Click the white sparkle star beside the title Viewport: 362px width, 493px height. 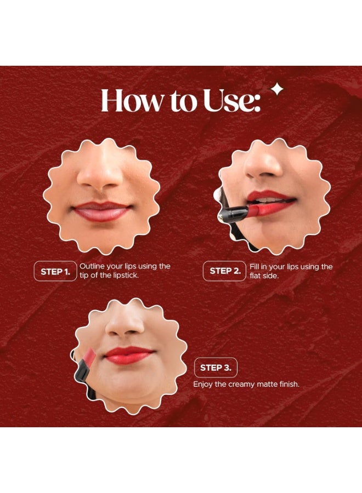pyautogui.click(x=278, y=90)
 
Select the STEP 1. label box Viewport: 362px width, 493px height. pyautogui.click(x=55, y=271)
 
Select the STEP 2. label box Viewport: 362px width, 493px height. pyautogui.click(x=224, y=271)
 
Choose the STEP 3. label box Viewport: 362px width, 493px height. pyautogui.click(x=216, y=368)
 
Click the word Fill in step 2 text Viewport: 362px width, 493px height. pyautogui.click(x=254, y=266)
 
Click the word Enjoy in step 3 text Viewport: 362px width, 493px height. pyautogui.click(x=202, y=385)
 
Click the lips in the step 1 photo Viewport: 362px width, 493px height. pyautogui.click(x=103, y=211)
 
